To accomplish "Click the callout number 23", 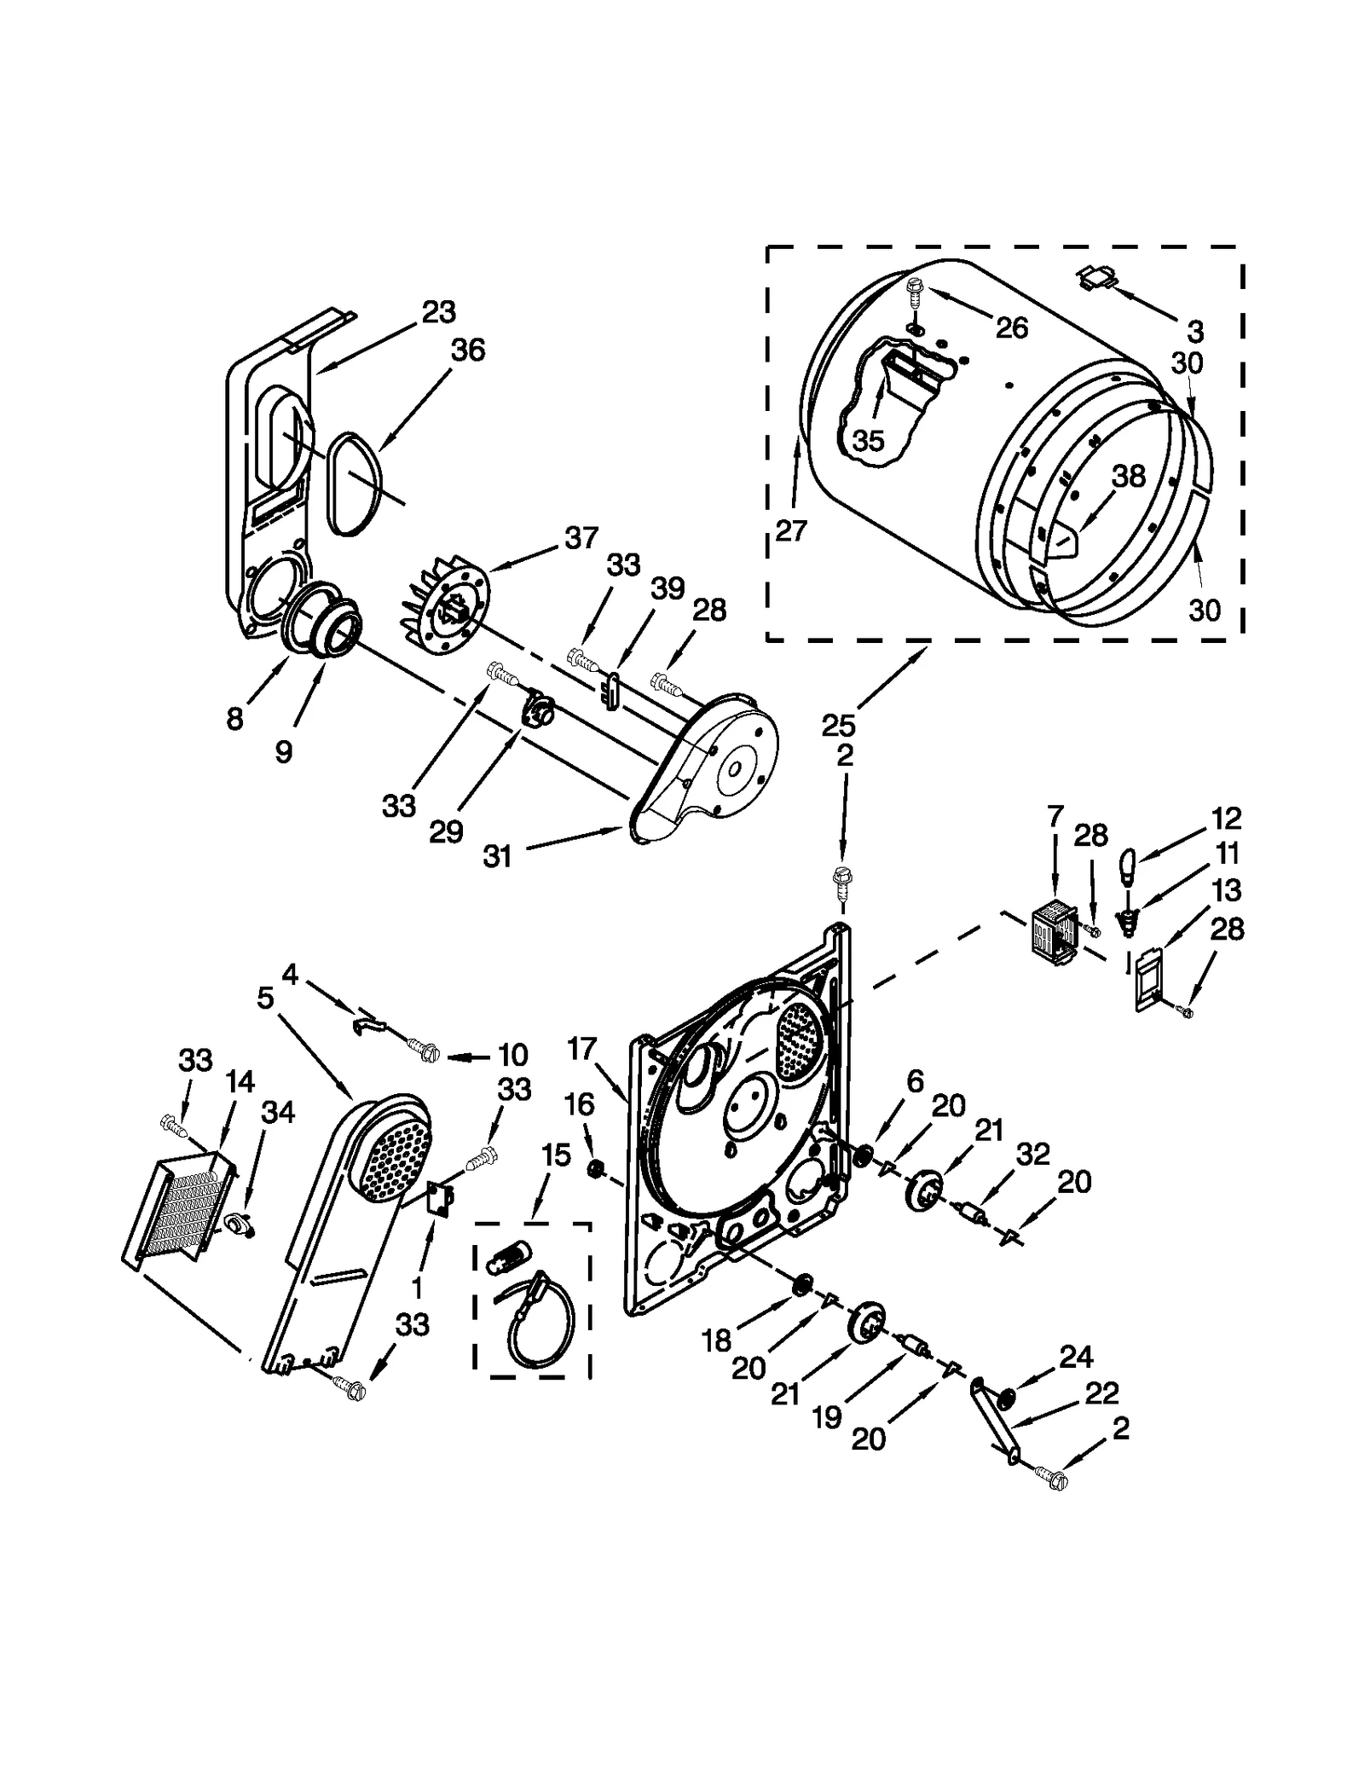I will (439, 312).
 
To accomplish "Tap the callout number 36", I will (467, 350).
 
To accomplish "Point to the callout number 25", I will (838, 726).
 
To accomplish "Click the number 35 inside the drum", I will (868, 441).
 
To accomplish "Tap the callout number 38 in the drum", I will (1129, 476).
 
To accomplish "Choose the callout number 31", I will (497, 856).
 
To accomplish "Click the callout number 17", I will (581, 1049).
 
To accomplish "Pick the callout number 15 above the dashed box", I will (555, 1155).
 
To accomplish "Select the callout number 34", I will (278, 1112).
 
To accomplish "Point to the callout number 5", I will (265, 998).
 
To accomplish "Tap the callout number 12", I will (1226, 818).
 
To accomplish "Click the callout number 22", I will (1101, 1394).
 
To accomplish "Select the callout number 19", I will (827, 1417).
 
